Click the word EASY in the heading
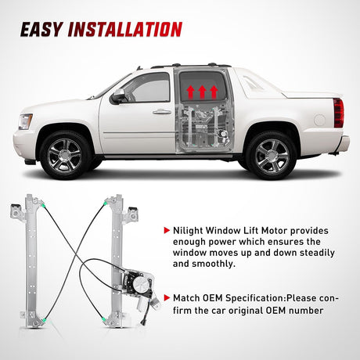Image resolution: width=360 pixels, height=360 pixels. click(x=42, y=30)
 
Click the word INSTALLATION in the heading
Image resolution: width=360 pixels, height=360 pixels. click(x=125, y=30)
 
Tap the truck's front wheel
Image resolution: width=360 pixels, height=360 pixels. click(x=65, y=154)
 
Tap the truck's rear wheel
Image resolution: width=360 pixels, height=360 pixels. click(x=271, y=154)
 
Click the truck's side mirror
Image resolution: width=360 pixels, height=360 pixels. click(x=118, y=96)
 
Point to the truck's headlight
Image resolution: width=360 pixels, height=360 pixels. click(x=26, y=122)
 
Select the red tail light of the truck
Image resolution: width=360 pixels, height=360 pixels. click(x=338, y=113)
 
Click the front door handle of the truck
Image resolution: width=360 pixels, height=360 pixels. click(x=162, y=112)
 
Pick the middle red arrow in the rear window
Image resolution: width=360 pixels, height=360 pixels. click(x=202, y=92)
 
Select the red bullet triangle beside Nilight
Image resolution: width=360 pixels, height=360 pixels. click(x=166, y=231)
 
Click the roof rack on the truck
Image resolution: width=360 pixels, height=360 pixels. click(x=191, y=65)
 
